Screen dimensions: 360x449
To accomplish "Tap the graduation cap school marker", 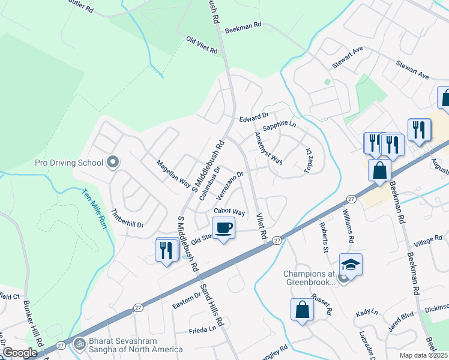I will tap(351, 263).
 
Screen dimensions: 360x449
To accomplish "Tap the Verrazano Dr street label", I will tap(230, 184).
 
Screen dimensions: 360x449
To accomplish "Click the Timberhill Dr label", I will tap(128, 218).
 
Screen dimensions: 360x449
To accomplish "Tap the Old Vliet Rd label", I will tap(202, 45).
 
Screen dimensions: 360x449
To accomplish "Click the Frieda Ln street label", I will tap(202, 329).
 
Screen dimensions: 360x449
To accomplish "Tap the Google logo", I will tap(20, 352).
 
